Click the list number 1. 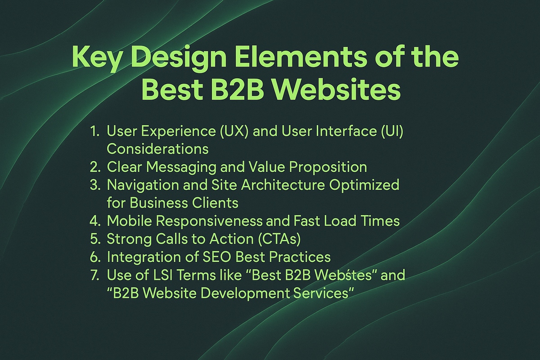pos(95,131)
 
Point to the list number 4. pos(95,221)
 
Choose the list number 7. pos(95,275)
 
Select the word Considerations pos(157,149)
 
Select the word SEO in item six pos(216,257)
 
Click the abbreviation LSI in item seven pos(159,275)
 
